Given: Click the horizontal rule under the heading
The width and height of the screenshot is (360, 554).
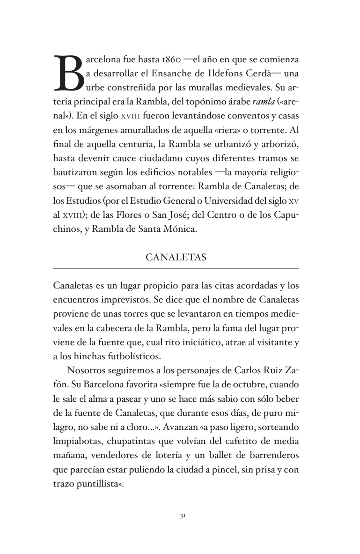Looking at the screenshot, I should pos(176,268).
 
